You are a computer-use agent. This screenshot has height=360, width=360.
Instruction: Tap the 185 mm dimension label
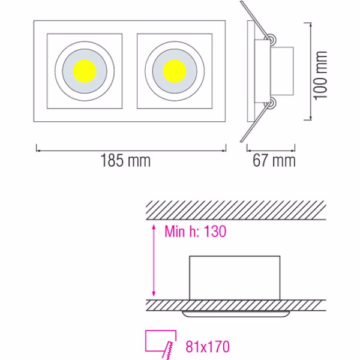(126, 160)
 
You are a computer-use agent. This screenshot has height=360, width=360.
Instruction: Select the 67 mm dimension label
(274, 160)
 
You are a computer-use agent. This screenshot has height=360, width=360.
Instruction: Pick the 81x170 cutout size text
(207, 346)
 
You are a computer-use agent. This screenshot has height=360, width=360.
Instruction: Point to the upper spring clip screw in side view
(272, 40)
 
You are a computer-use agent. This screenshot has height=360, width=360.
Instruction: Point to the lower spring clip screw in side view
(272, 104)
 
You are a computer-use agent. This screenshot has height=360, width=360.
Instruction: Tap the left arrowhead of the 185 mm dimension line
(39, 146)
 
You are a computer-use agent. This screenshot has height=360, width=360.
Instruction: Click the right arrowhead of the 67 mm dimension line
(295, 146)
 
